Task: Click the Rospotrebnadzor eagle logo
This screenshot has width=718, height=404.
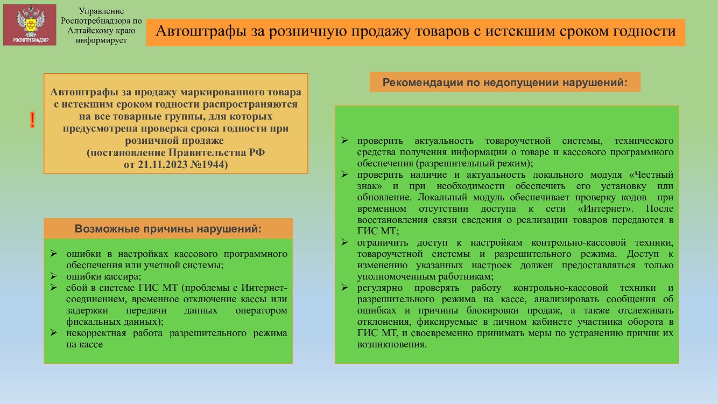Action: [x=30, y=25]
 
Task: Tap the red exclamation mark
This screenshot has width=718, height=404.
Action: [x=32, y=120]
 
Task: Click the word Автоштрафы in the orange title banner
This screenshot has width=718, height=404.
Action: [x=201, y=31]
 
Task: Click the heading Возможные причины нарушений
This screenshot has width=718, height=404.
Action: [x=168, y=228]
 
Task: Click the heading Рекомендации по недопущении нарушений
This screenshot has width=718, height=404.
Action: [x=505, y=82]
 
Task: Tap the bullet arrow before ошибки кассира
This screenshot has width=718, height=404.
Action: [x=53, y=276]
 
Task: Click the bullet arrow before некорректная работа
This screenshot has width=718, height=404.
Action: [x=53, y=332]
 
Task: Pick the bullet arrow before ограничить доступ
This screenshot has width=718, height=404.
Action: [x=344, y=242]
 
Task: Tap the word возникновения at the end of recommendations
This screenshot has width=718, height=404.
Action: [x=392, y=344]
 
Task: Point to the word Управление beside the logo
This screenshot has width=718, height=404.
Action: [x=101, y=11]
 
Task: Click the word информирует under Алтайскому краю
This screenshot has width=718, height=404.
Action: [x=101, y=40]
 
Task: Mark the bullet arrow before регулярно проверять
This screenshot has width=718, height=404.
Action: [x=344, y=287]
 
